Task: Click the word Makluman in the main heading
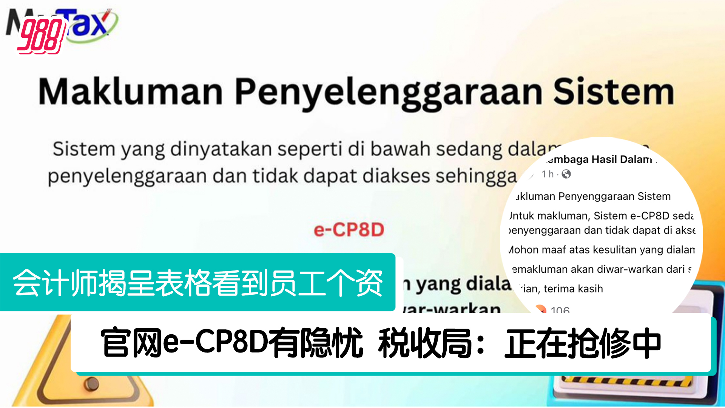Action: tap(131, 92)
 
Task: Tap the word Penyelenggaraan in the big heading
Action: tap(389, 93)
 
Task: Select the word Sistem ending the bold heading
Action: tap(613, 92)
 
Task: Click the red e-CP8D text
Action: tap(349, 230)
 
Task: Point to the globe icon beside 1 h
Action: tap(566, 174)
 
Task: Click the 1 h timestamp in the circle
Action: tap(548, 174)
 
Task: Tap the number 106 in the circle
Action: tap(560, 310)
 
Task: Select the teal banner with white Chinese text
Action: tap(197, 282)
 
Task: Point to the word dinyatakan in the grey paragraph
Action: tap(221, 149)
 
